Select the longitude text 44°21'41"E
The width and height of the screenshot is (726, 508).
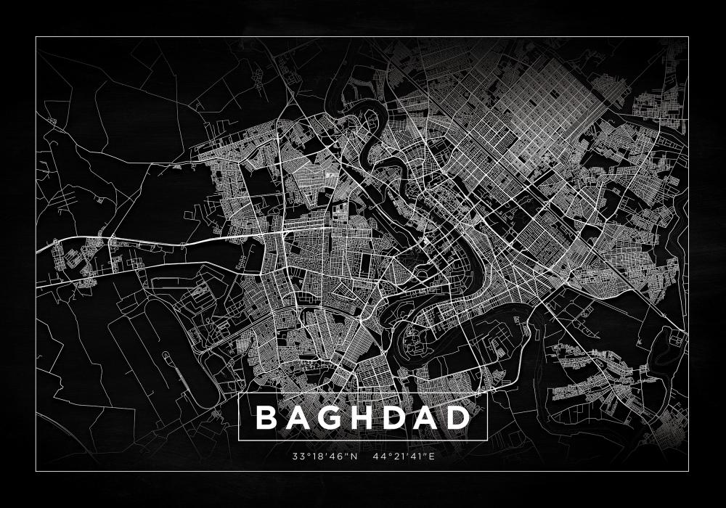click(x=403, y=457)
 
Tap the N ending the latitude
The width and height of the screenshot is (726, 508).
click(x=356, y=457)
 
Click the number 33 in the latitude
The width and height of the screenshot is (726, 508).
click(x=296, y=457)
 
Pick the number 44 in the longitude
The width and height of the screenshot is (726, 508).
click(x=376, y=457)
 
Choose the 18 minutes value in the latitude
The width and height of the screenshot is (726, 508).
click(x=314, y=457)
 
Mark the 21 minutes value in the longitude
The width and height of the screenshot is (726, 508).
click(x=393, y=457)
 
